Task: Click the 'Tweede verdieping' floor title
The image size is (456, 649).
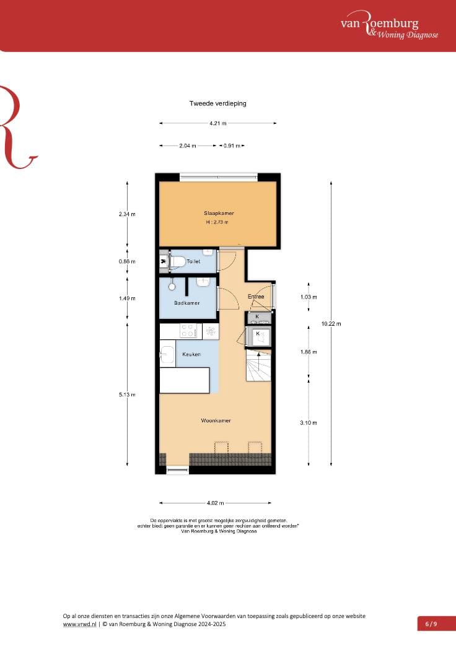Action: (x=217, y=103)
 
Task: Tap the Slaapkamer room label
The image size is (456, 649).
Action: (x=219, y=213)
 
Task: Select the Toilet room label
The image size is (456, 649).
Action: (x=194, y=262)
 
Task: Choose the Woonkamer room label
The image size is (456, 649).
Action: (x=216, y=420)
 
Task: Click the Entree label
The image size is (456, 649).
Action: (x=256, y=297)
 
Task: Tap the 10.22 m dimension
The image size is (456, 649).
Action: (x=331, y=323)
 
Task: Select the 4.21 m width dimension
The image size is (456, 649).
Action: (x=217, y=123)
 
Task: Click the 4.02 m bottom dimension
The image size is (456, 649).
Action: (x=216, y=503)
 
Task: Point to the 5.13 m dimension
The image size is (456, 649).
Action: (x=127, y=394)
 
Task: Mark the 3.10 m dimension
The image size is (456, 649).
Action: (x=309, y=423)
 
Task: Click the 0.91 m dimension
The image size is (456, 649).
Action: (x=231, y=146)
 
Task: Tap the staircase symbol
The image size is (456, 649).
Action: (x=258, y=365)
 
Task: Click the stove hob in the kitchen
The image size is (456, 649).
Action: (x=188, y=331)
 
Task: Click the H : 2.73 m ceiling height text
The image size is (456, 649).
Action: (x=217, y=222)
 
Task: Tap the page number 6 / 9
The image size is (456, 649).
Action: (x=431, y=624)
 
